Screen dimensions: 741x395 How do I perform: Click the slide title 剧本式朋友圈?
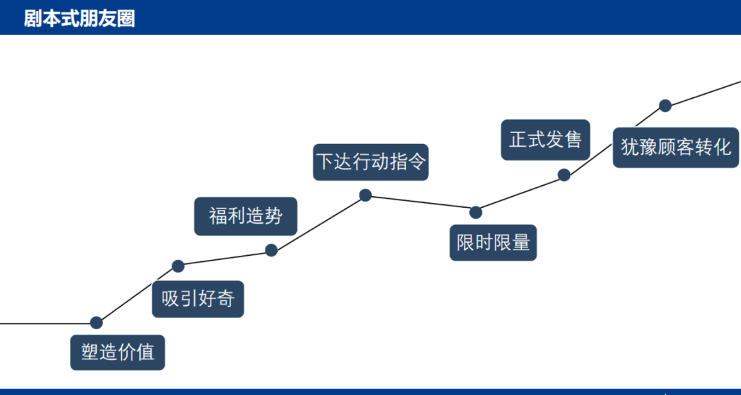click(x=80, y=19)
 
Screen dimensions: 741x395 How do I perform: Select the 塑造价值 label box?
click(x=118, y=352)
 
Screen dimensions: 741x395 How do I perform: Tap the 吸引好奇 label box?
click(x=198, y=299)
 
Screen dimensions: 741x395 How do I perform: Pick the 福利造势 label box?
click(x=246, y=217)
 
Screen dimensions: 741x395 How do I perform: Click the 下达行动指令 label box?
click(x=370, y=162)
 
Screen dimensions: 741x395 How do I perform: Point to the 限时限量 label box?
click(x=493, y=242)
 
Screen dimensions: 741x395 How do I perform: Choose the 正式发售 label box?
click(x=545, y=140)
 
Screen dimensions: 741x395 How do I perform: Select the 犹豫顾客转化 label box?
click(x=676, y=147)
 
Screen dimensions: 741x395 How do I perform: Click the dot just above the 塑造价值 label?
click(x=97, y=323)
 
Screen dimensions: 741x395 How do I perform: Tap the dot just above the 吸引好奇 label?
click(x=178, y=266)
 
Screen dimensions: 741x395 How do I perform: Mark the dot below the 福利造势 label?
click(x=271, y=250)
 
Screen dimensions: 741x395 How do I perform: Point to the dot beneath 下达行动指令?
click(x=365, y=195)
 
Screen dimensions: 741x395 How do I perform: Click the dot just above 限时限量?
click(x=476, y=213)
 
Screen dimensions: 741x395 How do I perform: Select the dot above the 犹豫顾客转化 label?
click(x=666, y=106)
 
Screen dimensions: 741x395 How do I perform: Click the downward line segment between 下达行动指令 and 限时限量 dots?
click(x=421, y=204)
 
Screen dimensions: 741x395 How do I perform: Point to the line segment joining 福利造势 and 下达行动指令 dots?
click(x=318, y=223)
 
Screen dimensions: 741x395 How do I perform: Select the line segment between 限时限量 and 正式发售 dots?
click(x=520, y=193)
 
